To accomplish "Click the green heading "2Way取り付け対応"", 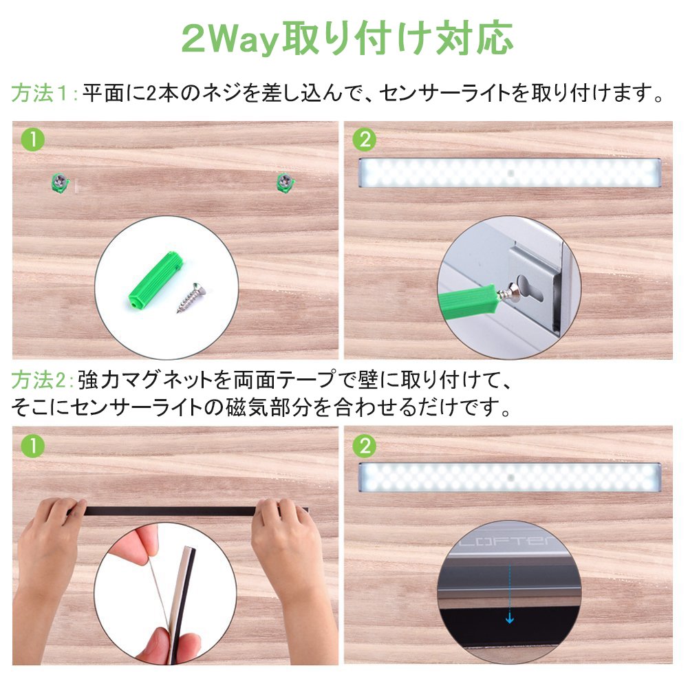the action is pyautogui.click(x=347, y=39).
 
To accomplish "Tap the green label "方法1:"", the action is pyautogui.click(x=44, y=93).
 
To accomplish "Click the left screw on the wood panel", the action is pyautogui.click(x=60, y=181).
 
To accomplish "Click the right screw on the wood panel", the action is pyautogui.click(x=286, y=181).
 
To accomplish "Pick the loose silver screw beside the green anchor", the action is pyautogui.click(x=192, y=297).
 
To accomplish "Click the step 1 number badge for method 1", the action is pyautogui.click(x=33, y=140).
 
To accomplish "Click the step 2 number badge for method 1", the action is pyautogui.click(x=364, y=140).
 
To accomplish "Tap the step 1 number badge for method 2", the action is pyautogui.click(x=33, y=447).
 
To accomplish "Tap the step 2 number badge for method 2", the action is pyautogui.click(x=364, y=447).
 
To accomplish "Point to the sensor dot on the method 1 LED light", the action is pyautogui.click(x=510, y=173).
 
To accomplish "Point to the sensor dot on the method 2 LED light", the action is pyautogui.click(x=510, y=477).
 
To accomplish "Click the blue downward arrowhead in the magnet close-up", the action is pyautogui.click(x=509, y=619).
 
